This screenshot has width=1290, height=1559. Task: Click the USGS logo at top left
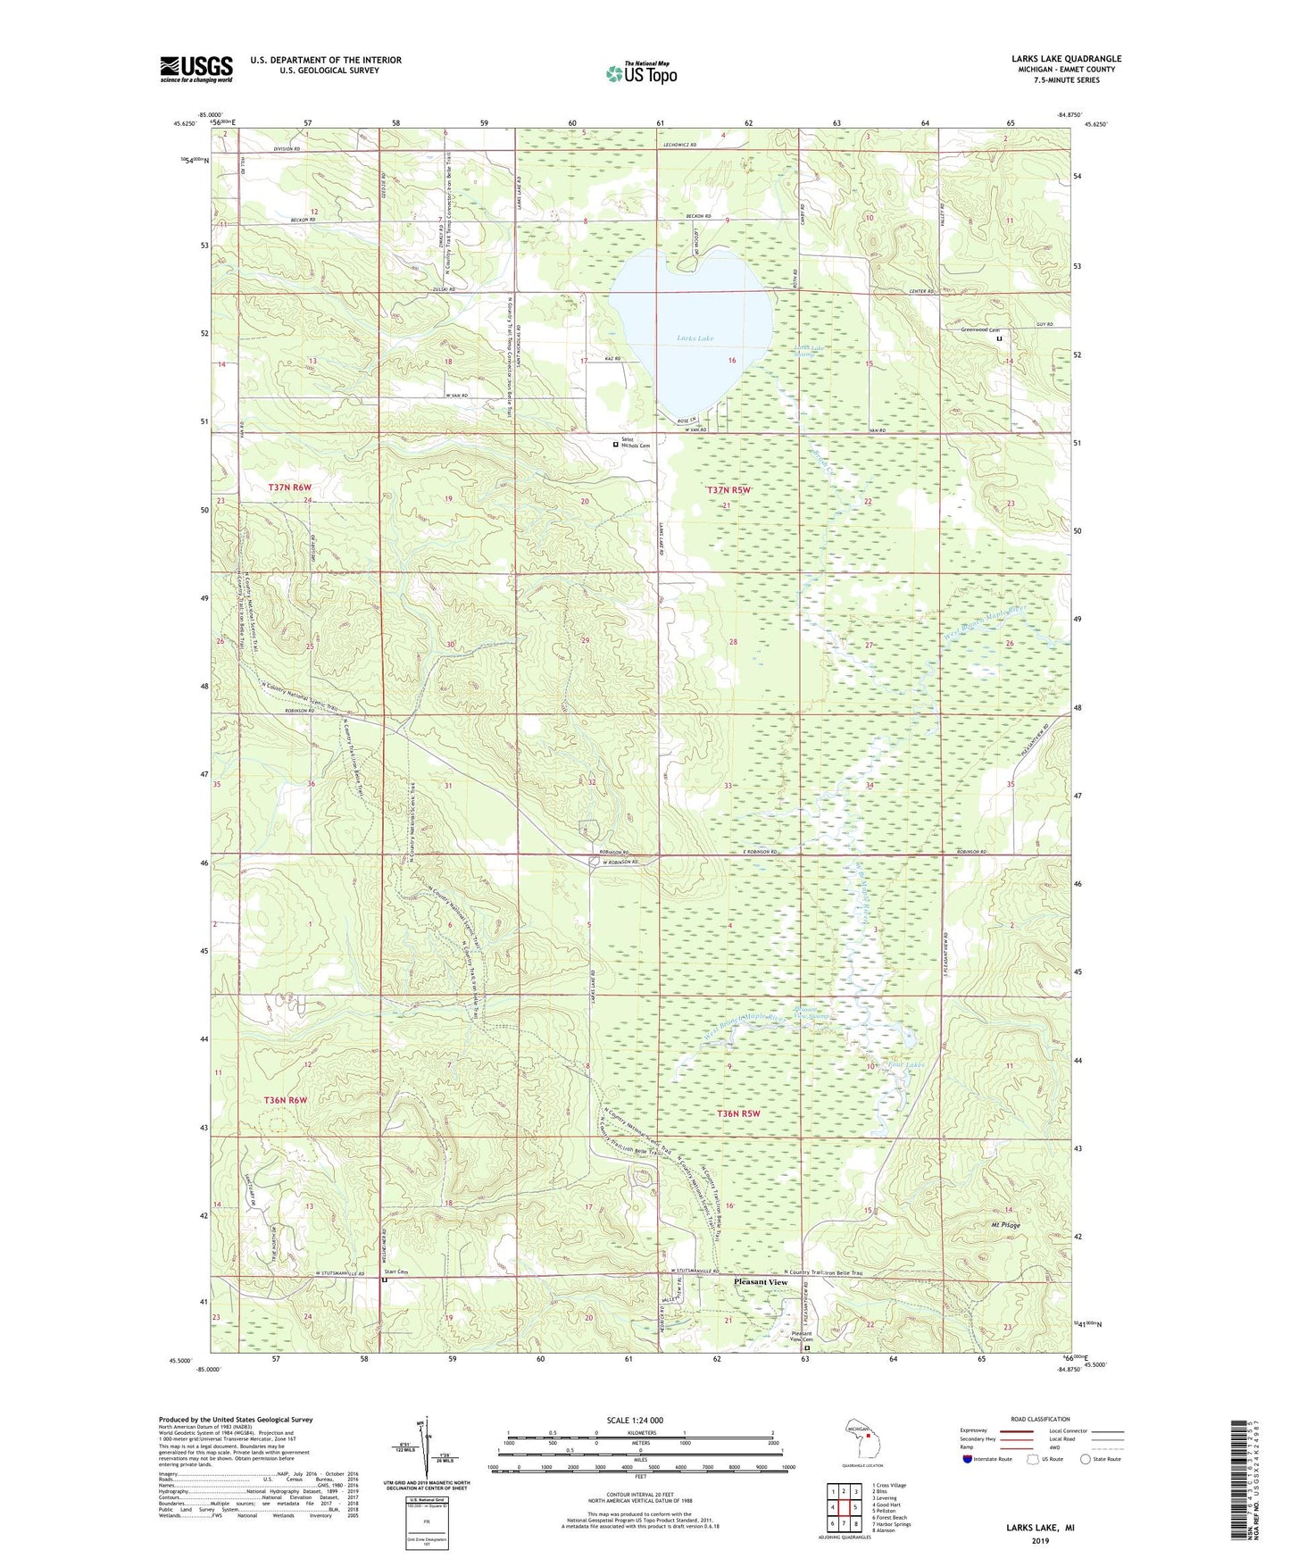point(196,69)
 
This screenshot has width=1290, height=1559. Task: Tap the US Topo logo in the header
point(640,73)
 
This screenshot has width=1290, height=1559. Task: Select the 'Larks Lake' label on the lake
point(695,338)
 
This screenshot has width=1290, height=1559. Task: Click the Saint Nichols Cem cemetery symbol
point(615,444)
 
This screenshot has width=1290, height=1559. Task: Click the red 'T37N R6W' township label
point(290,487)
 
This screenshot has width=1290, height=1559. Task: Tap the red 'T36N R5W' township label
point(738,1113)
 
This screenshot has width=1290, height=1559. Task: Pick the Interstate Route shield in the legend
point(968,1460)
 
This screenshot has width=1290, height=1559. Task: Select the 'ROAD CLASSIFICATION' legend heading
point(1040,1419)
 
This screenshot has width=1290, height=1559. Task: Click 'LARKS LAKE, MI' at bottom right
point(1040,1528)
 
